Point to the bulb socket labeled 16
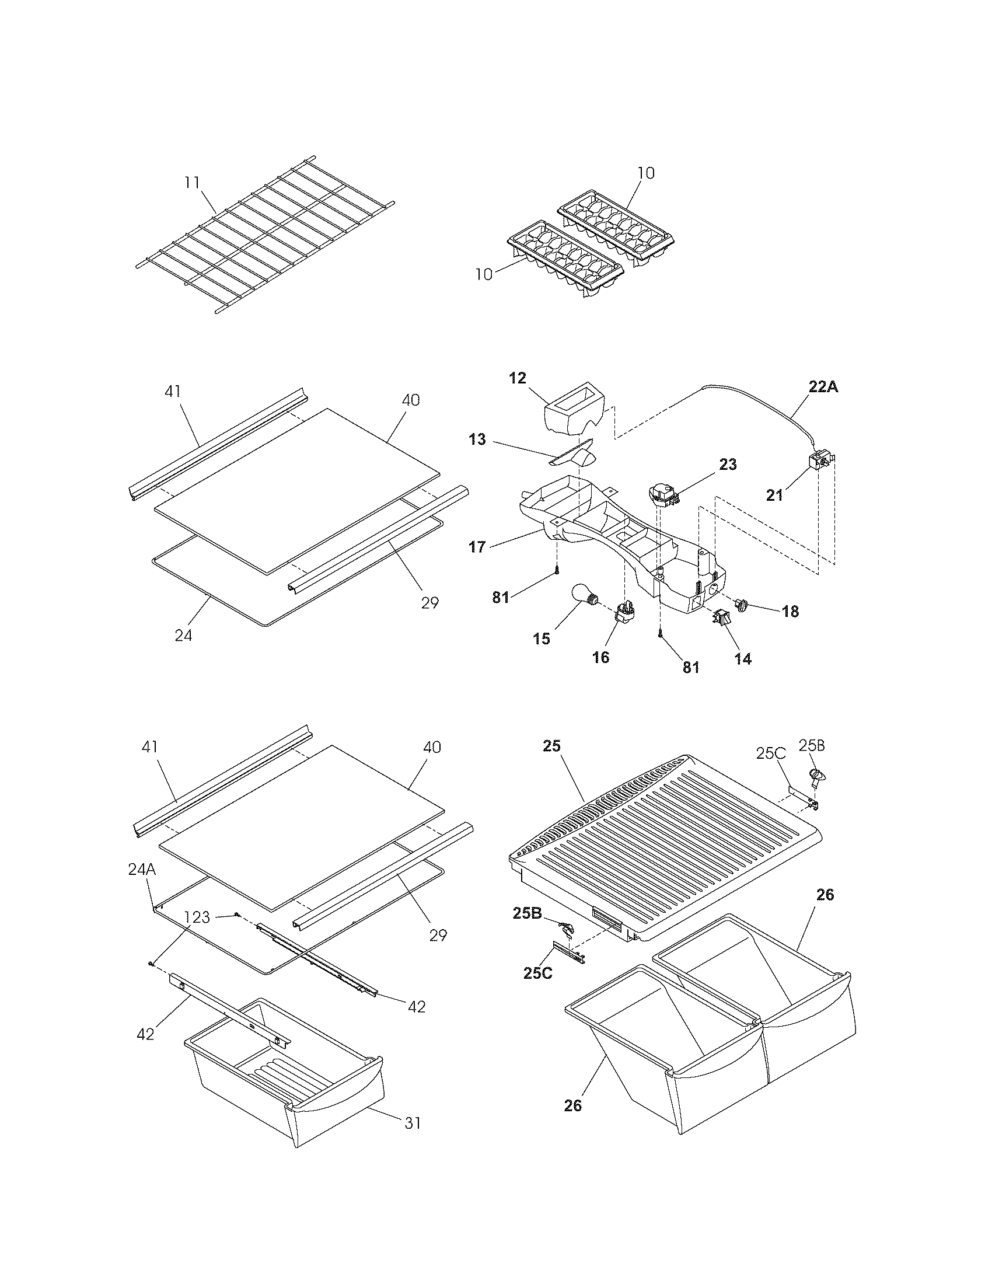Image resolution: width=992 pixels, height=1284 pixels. pos(623,615)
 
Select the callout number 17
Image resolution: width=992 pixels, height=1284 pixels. pos(477,547)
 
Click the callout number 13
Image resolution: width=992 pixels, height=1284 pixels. pos(477,439)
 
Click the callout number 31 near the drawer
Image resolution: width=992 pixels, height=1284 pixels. pos(413,1123)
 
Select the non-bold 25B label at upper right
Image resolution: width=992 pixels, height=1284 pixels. pos(812,746)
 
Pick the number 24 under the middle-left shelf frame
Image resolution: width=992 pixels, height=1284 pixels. pos(183,636)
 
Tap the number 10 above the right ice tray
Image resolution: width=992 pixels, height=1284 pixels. pos(645,173)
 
